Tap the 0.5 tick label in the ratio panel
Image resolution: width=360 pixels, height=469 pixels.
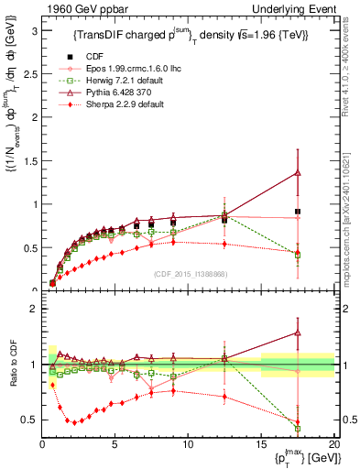click(x=29, y=420)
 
